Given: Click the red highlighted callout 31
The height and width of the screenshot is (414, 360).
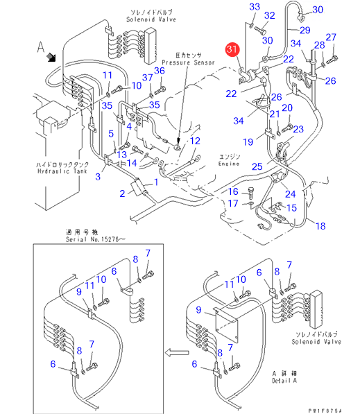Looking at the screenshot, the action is coord(232,49).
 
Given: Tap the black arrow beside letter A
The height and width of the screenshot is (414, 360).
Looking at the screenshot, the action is coord(51,58).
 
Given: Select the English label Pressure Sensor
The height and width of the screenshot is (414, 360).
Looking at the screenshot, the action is coord(188,63).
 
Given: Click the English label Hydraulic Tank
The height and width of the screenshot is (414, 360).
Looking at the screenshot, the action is coord(62,171).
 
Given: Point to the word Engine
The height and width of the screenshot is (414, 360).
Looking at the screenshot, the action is coord(229,164).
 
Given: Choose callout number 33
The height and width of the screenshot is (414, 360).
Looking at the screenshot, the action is coord(255,7).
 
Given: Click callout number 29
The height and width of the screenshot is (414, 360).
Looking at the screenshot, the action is coord(305,30).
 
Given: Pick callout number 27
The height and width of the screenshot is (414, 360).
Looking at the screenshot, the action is coord(331,37).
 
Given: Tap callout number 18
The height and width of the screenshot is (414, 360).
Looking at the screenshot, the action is coord(320,226).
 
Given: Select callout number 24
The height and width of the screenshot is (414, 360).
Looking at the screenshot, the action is coord(290,194).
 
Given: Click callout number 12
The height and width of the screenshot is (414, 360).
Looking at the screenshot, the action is coord(195,141).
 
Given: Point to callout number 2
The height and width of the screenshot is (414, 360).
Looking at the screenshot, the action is coord(122,193).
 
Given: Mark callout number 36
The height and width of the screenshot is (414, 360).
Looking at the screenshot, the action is coord(160,71).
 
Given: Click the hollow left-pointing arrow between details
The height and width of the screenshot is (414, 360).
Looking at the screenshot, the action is coord(177,352).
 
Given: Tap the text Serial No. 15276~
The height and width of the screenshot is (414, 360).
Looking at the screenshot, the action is coord(95,239).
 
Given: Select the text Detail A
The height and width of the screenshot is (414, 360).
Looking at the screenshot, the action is coord(284,381).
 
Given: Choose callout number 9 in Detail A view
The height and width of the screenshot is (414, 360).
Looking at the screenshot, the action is coord(198,310).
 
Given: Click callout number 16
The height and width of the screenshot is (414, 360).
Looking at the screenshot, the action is coord(233,191).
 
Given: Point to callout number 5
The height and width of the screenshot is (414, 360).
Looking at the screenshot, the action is coord(111,134).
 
